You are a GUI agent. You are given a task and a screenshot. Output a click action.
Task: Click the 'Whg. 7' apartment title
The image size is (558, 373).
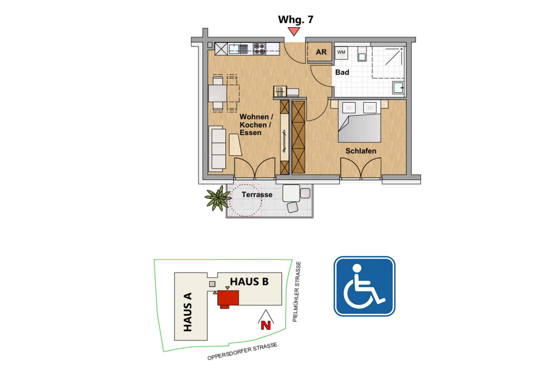point(296,20)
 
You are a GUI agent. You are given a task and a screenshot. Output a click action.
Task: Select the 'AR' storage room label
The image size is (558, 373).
point(321,52)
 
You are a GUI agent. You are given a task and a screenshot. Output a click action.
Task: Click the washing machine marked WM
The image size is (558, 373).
point(341,52)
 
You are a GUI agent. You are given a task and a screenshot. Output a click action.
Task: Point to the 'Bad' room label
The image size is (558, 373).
point(342,72)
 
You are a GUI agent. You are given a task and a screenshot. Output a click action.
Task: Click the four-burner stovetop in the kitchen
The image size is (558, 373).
point(259,49)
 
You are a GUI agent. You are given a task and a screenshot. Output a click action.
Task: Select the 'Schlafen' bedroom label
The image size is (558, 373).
point(361,151)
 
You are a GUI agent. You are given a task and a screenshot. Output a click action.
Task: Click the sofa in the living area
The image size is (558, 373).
point(217,149)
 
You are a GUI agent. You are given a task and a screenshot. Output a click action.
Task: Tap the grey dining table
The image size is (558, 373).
point(218,93)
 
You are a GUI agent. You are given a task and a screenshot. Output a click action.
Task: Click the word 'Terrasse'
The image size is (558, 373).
point(257,195)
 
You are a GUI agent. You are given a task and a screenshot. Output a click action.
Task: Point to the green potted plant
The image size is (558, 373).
point(218,198)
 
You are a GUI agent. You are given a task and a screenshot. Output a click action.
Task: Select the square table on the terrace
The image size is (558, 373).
point(291,193)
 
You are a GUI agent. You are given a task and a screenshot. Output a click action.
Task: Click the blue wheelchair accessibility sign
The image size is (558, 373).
point(364,286)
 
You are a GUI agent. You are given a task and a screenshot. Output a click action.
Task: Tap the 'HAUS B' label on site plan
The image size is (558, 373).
point(249,282)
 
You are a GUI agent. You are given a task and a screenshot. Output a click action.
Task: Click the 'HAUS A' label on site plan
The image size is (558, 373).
point(187,312)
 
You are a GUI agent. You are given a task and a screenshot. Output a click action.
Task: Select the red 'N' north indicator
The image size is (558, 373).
point(266,325)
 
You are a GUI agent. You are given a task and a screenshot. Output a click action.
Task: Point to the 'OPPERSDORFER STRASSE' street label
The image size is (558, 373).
point(242,351)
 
